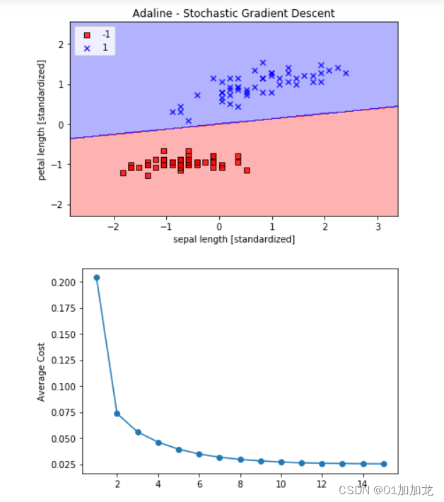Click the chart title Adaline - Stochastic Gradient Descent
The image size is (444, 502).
click(x=234, y=13)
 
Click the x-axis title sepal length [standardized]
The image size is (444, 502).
click(x=234, y=239)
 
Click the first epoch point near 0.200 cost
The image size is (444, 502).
click(x=97, y=277)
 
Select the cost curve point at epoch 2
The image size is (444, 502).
click(x=117, y=414)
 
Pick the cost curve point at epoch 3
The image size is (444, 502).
click(x=138, y=432)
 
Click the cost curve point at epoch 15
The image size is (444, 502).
click(x=384, y=464)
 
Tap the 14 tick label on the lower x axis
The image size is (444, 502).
click(x=363, y=484)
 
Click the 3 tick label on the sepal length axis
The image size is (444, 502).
click(x=378, y=227)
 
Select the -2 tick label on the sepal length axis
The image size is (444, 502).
click(x=112, y=227)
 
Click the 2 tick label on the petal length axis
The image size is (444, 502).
click(x=63, y=45)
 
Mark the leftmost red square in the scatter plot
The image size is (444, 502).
click(x=123, y=173)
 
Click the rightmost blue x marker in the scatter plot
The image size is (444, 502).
click(x=346, y=73)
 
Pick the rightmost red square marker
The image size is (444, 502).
click(x=247, y=170)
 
